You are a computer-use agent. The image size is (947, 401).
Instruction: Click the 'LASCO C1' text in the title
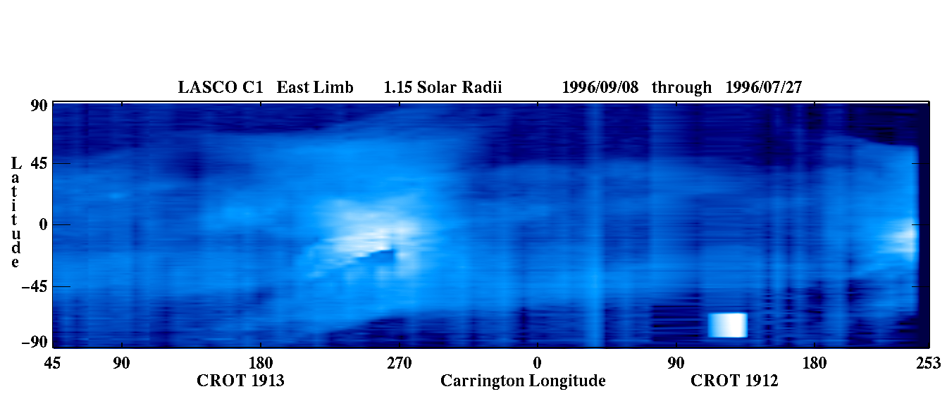[x=221, y=87]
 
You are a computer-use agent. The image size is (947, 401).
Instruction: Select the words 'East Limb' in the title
[x=315, y=87]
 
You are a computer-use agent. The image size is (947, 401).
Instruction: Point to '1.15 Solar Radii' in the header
[x=442, y=87]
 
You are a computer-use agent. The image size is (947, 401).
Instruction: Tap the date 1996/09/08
[x=600, y=87]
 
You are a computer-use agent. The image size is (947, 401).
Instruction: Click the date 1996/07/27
[x=764, y=87]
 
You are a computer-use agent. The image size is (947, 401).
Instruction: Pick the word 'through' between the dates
[x=681, y=88]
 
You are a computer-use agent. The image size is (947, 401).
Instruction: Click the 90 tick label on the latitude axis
[x=39, y=106]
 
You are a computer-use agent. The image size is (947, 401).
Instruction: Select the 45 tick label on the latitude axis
[x=39, y=163]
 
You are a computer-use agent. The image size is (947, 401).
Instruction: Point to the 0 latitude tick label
[x=43, y=224]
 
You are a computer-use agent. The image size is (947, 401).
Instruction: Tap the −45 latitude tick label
[x=35, y=286]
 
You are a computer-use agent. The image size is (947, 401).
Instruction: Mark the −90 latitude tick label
[x=35, y=342]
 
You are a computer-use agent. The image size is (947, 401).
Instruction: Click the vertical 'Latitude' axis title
[x=16, y=212]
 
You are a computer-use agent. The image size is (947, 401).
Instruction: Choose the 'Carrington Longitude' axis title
[x=523, y=381]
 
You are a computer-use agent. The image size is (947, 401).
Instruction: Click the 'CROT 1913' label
[x=240, y=381]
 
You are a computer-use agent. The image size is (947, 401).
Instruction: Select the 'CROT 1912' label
[x=734, y=381]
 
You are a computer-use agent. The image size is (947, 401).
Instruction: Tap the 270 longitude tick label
[x=400, y=363]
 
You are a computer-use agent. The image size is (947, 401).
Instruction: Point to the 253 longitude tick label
[x=929, y=363]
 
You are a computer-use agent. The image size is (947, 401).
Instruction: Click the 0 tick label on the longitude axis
[x=537, y=363]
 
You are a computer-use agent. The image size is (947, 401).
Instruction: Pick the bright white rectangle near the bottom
[x=728, y=325]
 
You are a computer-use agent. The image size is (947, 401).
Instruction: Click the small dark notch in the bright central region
[x=378, y=255]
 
